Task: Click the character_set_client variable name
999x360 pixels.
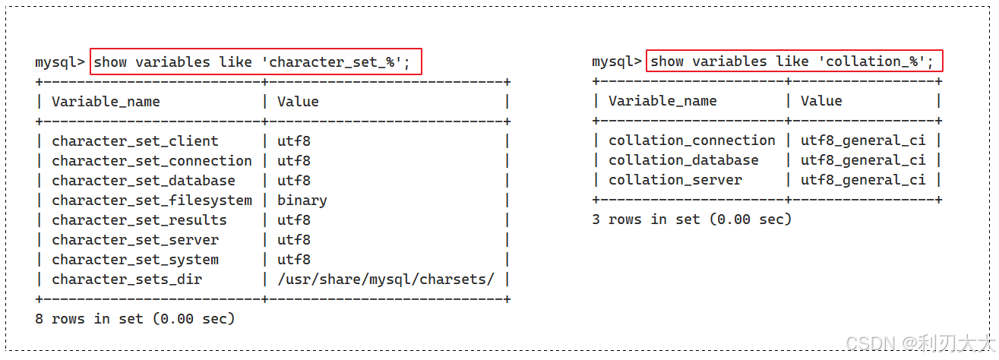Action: click(x=134, y=141)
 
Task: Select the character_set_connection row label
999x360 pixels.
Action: click(x=151, y=161)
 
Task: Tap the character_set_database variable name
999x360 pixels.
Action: click(x=143, y=181)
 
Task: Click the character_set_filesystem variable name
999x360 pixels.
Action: click(x=151, y=201)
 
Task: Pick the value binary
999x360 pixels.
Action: click(x=302, y=201)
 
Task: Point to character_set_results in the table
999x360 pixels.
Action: click(x=139, y=220)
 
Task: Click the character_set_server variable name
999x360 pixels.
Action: click(x=134, y=240)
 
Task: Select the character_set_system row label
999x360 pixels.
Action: click(x=134, y=260)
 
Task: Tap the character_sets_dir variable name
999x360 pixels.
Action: click(x=127, y=279)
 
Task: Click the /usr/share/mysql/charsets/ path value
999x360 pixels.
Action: click(x=385, y=279)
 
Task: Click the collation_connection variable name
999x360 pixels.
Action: click(x=691, y=141)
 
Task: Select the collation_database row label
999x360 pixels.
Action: click(x=683, y=160)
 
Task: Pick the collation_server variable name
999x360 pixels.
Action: click(x=675, y=180)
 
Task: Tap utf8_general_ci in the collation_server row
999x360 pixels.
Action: click(x=863, y=180)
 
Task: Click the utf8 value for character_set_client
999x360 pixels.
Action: click(x=293, y=141)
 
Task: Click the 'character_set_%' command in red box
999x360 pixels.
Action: click(x=255, y=62)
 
